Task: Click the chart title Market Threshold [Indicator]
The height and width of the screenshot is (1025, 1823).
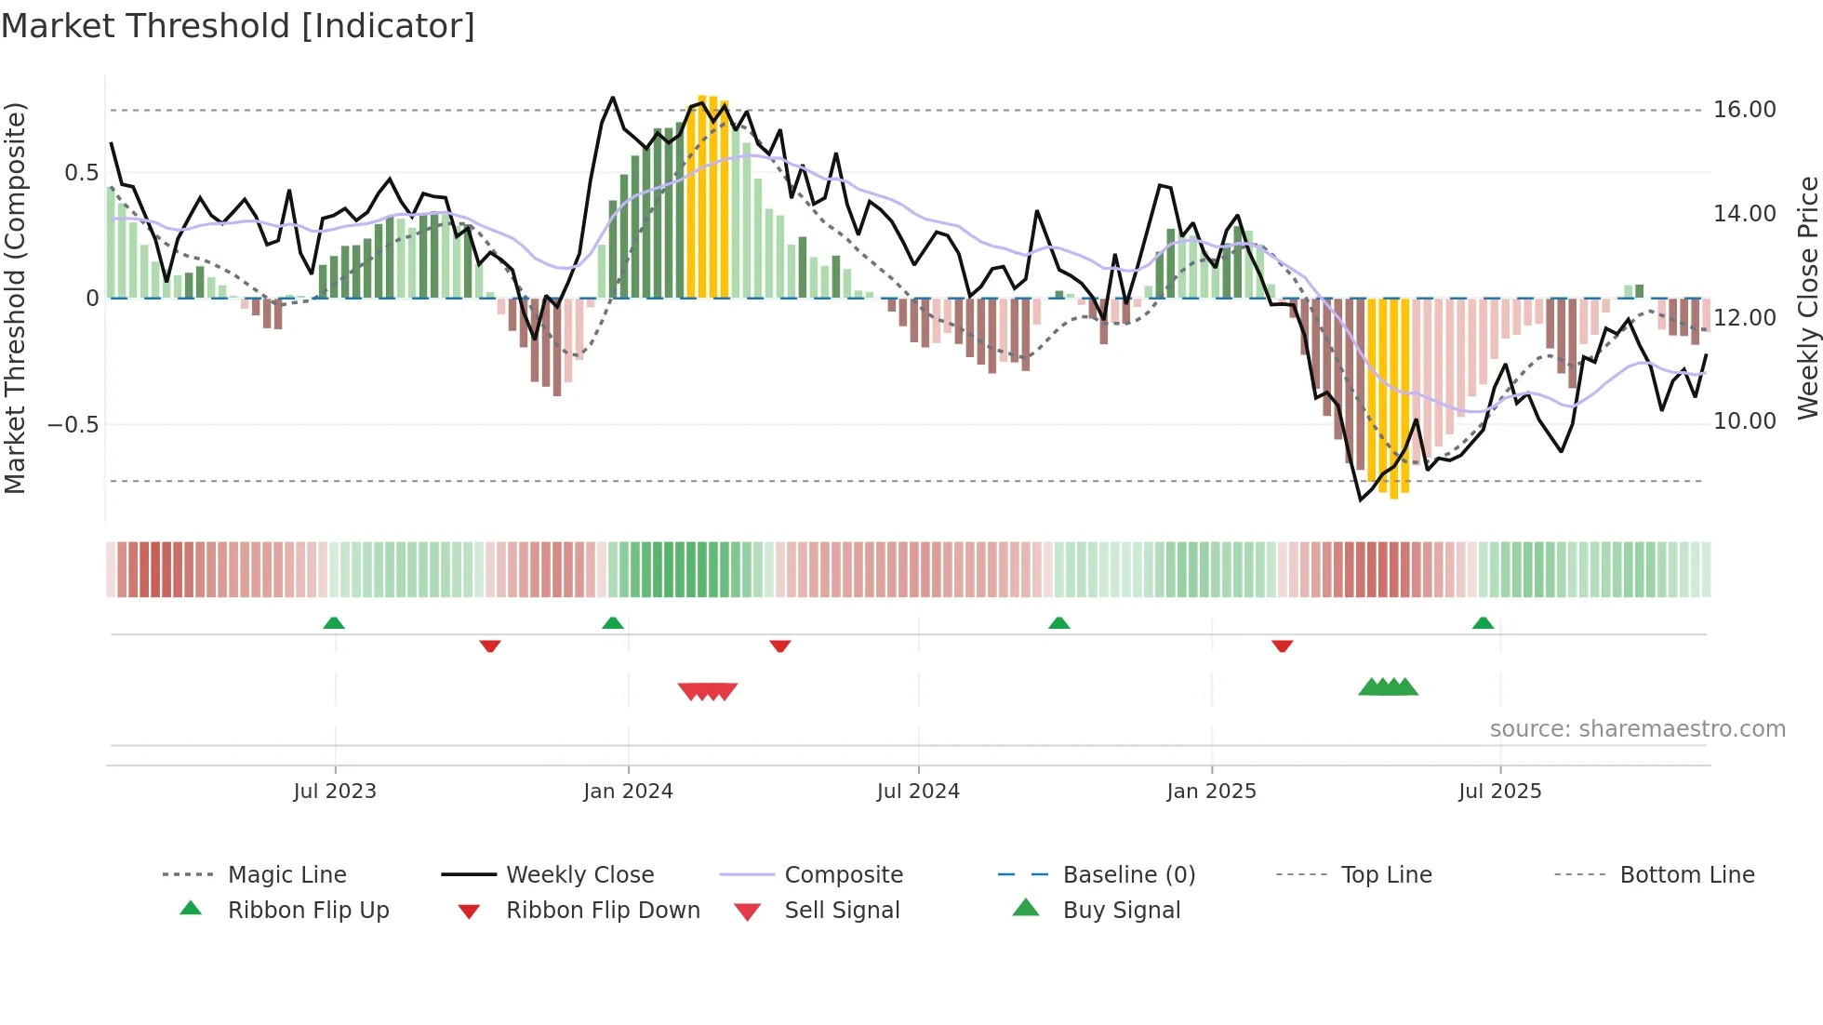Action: coord(238,26)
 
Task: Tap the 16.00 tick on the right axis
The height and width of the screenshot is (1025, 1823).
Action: coord(1744,110)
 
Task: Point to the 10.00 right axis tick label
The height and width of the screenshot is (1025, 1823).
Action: coord(1744,421)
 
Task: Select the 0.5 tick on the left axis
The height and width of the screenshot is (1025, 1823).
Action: coord(82,173)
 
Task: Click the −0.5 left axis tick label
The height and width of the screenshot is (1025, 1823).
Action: coord(74,425)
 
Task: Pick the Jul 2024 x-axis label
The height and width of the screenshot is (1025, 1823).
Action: coord(918,792)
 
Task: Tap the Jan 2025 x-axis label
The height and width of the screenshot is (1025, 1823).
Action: coord(1211,792)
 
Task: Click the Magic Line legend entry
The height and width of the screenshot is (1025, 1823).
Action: coord(286,875)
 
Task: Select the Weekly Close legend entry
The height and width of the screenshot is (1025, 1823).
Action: coord(579,875)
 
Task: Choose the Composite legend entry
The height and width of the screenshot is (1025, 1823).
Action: coord(844,875)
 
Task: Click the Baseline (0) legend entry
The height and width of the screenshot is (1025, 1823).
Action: coord(1128,875)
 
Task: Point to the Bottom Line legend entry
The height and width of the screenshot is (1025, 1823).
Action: coord(1686,875)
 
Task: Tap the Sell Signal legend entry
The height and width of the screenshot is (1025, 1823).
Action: coord(842,911)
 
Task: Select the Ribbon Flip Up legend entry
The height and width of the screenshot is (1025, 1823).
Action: coord(308,911)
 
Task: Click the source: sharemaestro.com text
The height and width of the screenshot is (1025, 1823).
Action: coord(1637,729)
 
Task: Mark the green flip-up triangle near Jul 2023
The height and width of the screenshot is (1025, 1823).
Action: coord(334,623)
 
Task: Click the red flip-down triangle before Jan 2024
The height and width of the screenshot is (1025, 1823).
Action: coord(490,646)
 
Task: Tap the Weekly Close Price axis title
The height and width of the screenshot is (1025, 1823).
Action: coord(1807,298)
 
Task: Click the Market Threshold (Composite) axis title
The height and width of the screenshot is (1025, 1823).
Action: coord(15,298)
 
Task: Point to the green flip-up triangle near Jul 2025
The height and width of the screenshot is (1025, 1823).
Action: coord(1483,623)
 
